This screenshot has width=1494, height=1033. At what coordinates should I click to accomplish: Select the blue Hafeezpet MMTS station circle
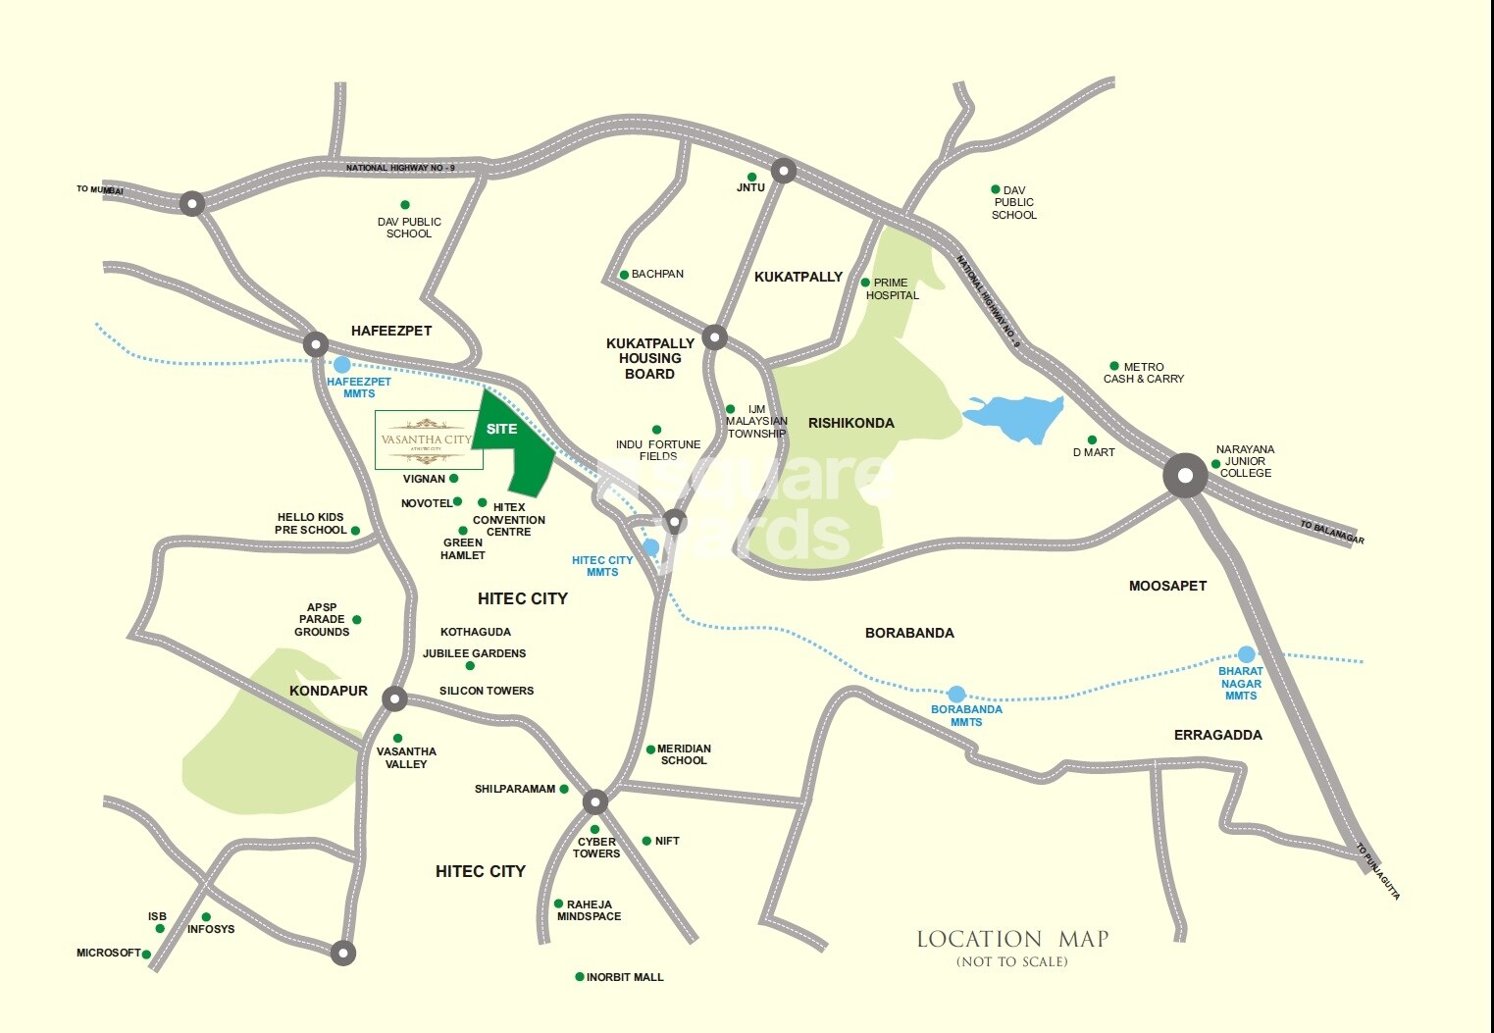coord(342,365)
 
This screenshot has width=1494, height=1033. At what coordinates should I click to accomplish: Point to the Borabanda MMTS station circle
coord(956,694)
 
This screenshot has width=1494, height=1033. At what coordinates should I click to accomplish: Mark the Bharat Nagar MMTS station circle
coord(1246,654)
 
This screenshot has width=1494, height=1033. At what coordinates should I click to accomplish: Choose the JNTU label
coord(750,187)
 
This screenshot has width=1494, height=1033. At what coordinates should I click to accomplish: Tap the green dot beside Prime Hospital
coord(865,283)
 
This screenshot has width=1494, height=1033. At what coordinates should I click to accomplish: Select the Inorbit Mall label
coord(625,977)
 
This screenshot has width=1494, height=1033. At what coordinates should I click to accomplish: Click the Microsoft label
coord(108,953)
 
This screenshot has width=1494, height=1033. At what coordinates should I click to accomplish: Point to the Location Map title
coord(1011,939)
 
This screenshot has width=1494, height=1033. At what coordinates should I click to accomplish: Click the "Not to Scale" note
coord(1011,961)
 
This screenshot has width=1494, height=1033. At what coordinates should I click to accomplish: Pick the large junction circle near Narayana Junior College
coord(1185,476)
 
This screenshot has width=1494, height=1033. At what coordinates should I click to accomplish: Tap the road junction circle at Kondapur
coord(394,698)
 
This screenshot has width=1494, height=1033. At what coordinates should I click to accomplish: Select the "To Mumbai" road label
coord(99,189)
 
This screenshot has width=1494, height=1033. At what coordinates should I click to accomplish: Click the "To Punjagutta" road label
coord(1378,871)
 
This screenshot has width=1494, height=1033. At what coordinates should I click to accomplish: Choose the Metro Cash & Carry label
coord(1144,373)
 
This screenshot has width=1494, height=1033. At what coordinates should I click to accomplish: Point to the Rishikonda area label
coord(850,423)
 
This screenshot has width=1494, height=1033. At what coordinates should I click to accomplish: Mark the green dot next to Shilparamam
coord(564,789)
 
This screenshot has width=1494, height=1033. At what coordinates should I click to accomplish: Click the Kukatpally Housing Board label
coord(649,358)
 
